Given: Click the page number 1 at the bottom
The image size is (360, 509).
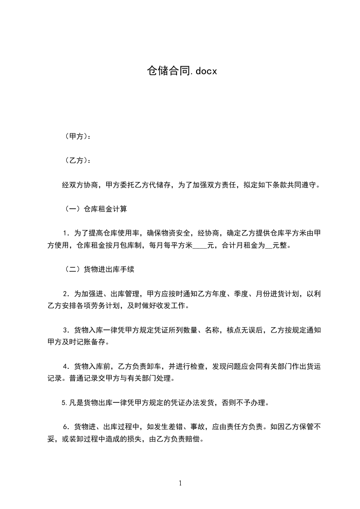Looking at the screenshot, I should (x=180, y=483).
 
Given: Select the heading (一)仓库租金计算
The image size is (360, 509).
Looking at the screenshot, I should (x=96, y=209).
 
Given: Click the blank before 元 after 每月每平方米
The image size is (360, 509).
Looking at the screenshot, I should (x=200, y=246).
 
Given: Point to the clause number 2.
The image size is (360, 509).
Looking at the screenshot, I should (x=67, y=294).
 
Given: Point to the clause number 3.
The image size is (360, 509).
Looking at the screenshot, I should (x=67, y=330).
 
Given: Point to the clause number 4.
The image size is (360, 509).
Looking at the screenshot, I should (x=67, y=366).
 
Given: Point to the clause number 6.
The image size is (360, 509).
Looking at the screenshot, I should (x=67, y=426).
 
